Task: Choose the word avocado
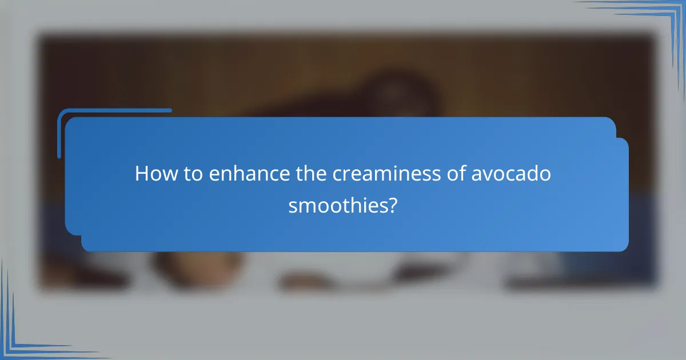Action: tap(512, 174)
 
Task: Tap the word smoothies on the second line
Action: tap(337, 205)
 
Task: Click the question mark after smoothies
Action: tap(392, 205)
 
